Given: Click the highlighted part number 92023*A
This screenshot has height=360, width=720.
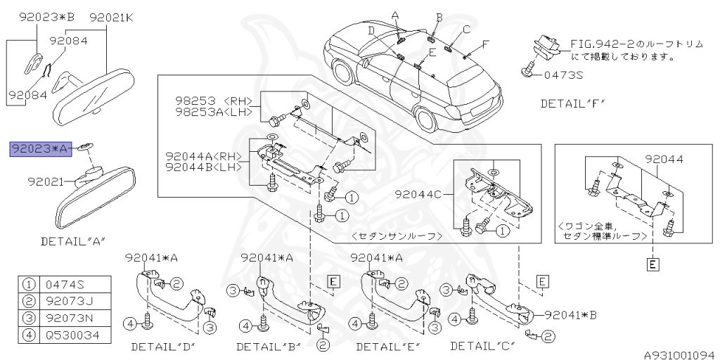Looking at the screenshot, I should click(x=39, y=148).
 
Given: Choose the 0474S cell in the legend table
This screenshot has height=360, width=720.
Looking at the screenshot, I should click(x=65, y=285).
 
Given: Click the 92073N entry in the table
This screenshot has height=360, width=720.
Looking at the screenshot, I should click(x=68, y=318).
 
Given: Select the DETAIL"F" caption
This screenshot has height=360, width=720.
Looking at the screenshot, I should click(x=572, y=103).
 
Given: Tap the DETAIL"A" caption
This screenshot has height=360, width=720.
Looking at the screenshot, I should click(x=73, y=241).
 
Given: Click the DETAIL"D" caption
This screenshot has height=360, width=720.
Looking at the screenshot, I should click(x=162, y=347).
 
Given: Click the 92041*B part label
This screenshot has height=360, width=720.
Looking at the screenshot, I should click(x=570, y=315).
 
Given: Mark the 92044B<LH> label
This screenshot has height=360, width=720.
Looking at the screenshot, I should click(x=203, y=167).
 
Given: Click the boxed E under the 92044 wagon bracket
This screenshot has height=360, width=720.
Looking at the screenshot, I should click(x=653, y=264).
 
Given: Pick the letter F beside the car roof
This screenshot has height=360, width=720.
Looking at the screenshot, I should click(x=484, y=44).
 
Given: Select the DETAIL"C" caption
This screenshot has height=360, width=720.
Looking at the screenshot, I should click(x=482, y=345).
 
